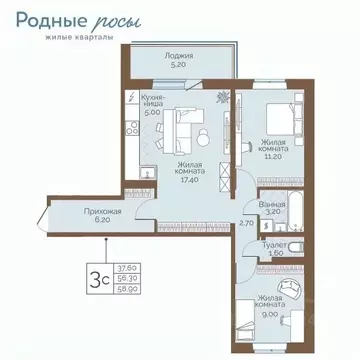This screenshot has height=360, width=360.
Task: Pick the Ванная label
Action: pos(272,203)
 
